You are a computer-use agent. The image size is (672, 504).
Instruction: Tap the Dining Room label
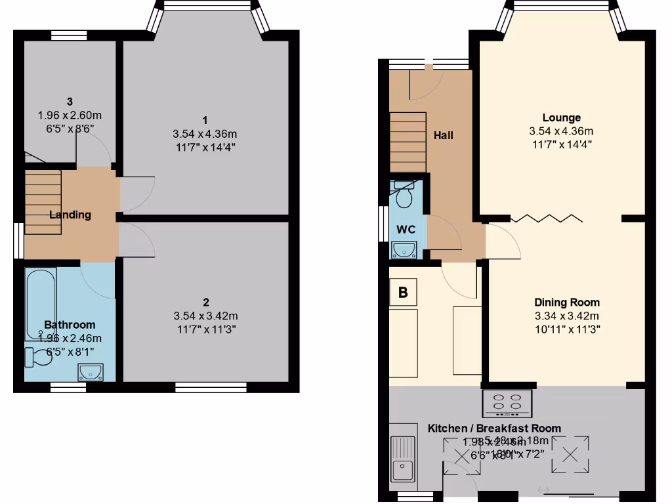[x=566, y=303]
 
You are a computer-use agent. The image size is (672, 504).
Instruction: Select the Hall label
[x=444, y=135]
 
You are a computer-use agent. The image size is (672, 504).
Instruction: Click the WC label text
[x=406, y=230]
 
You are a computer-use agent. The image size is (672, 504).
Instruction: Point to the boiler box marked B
[x=403, y=293]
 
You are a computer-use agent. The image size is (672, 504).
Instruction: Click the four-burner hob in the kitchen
[x=507, y=403]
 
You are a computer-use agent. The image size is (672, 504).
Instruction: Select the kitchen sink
[x=402, y=459]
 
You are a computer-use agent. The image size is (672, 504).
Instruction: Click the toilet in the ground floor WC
[x=404, y=193]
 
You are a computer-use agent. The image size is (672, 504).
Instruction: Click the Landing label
[x=70, y=215]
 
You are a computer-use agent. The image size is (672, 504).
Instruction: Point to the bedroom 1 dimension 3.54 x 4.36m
[x=205, y=134]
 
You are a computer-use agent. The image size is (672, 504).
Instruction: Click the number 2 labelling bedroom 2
[x=206, y=303]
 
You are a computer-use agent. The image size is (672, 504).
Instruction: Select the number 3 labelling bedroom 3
[x=69, y=101]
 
